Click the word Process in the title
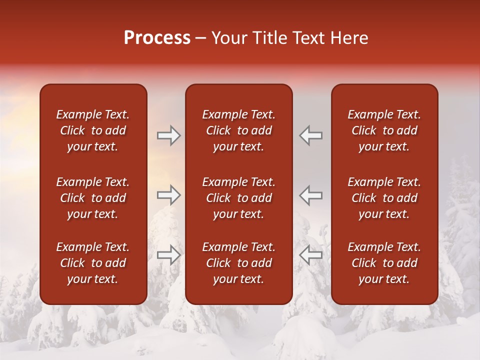pyautogui.click(x=157, y=38)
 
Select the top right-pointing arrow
pyautogui.click(x=168, y=135)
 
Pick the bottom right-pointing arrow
pyautogui.click(x=168, y=254)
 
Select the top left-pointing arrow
pyautogui.click(x=311, y=135)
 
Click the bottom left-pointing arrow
pyautogui.click(x=311, y=254)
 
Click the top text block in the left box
pyautogui.click(x=93, y=130)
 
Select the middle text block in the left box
pyautogui.click(x=93, y=198)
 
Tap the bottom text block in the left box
pyautogui.click(x=93, y=263)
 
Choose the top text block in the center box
pyautogui.click(x=238, y=130)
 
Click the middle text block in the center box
pyautogui.click(x=238, y=198)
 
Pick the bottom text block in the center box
pyautogui.click(x=238, y=263)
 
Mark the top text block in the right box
pyautogui.click(x=384, y=130)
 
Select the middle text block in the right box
pyautogui.click(x=384, y=198)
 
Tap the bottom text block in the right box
pyautogui.click(x=384, y=263)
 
